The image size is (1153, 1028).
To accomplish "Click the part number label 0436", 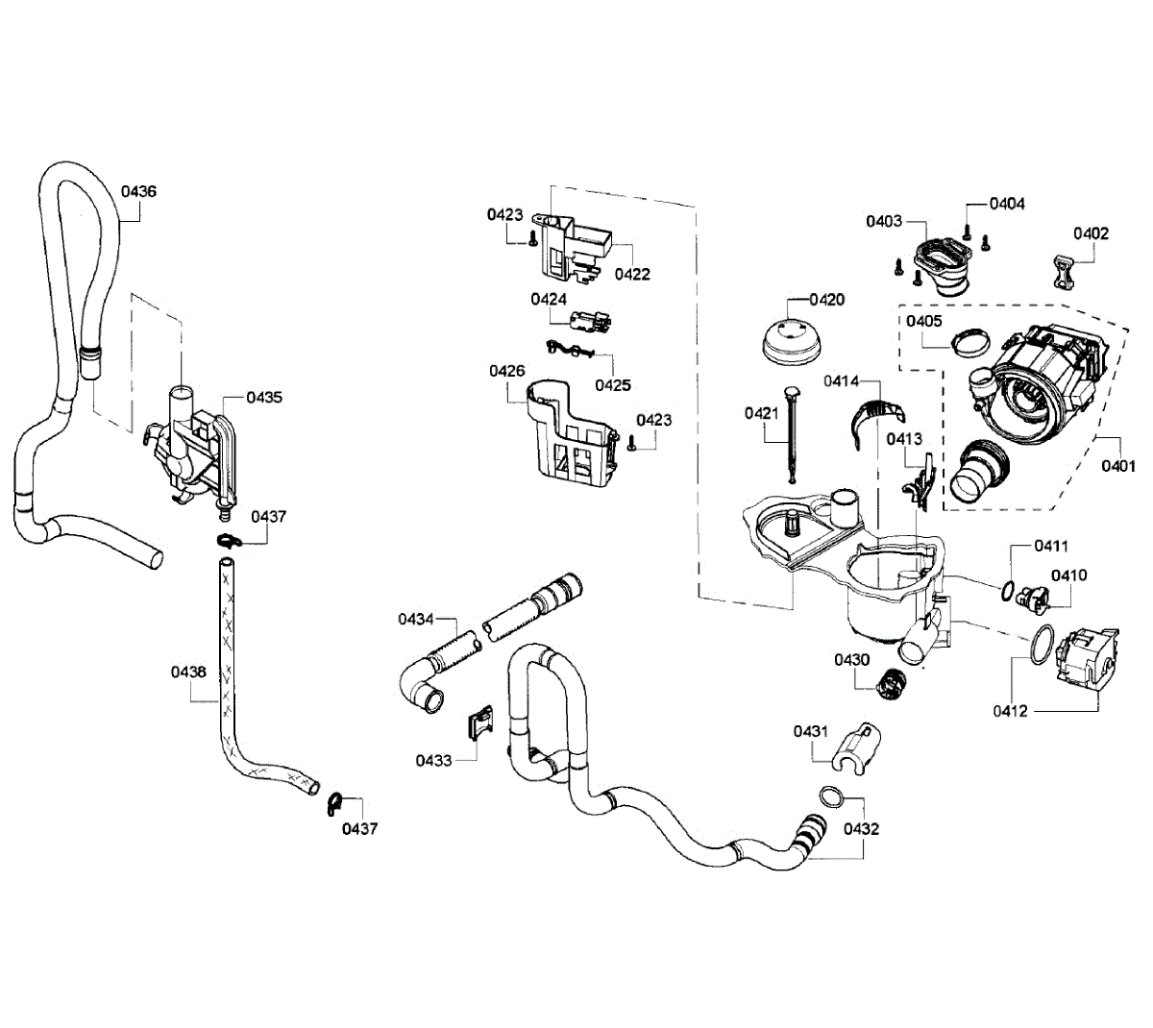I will click(x=138, y=191).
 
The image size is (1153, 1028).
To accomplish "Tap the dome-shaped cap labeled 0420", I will click(x=790, y=341).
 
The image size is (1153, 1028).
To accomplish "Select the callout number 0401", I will click(x=1117, y=467).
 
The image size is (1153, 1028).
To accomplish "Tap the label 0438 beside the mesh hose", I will click(x=188, y=673).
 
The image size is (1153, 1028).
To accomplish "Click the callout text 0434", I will click(x=416, y=620).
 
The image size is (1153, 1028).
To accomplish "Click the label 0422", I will click(x=632, y=275).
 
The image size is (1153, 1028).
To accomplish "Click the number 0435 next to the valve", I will click(x=264, y=397).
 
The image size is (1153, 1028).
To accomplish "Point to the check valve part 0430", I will click(x=893, y=683).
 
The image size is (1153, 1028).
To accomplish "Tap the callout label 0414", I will click(x=841, y=381).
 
